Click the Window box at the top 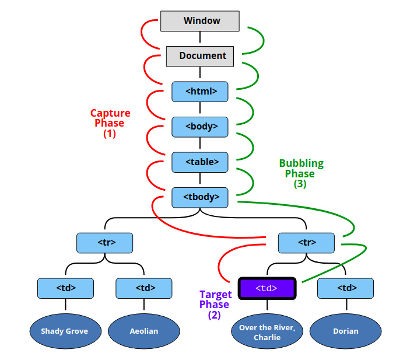[200, 21]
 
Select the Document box [200, 56]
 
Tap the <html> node [200, 91]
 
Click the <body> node [200, 126]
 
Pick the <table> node [200, 162]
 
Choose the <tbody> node [200, 197]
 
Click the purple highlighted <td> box [267, 288]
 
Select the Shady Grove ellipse [65, 331]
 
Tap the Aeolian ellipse [143, 331]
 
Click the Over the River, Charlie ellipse [267, 332]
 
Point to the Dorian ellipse [345, 331]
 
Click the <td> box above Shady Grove [65, 288]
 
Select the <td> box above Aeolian [143, 288]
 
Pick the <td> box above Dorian [345, 288]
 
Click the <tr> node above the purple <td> [306, 243]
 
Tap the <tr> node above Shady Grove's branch [104, 243]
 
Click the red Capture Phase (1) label [110, 123]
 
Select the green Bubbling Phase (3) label [300, 173]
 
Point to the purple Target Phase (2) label [215, 305]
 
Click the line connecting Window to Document [200, 39]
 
